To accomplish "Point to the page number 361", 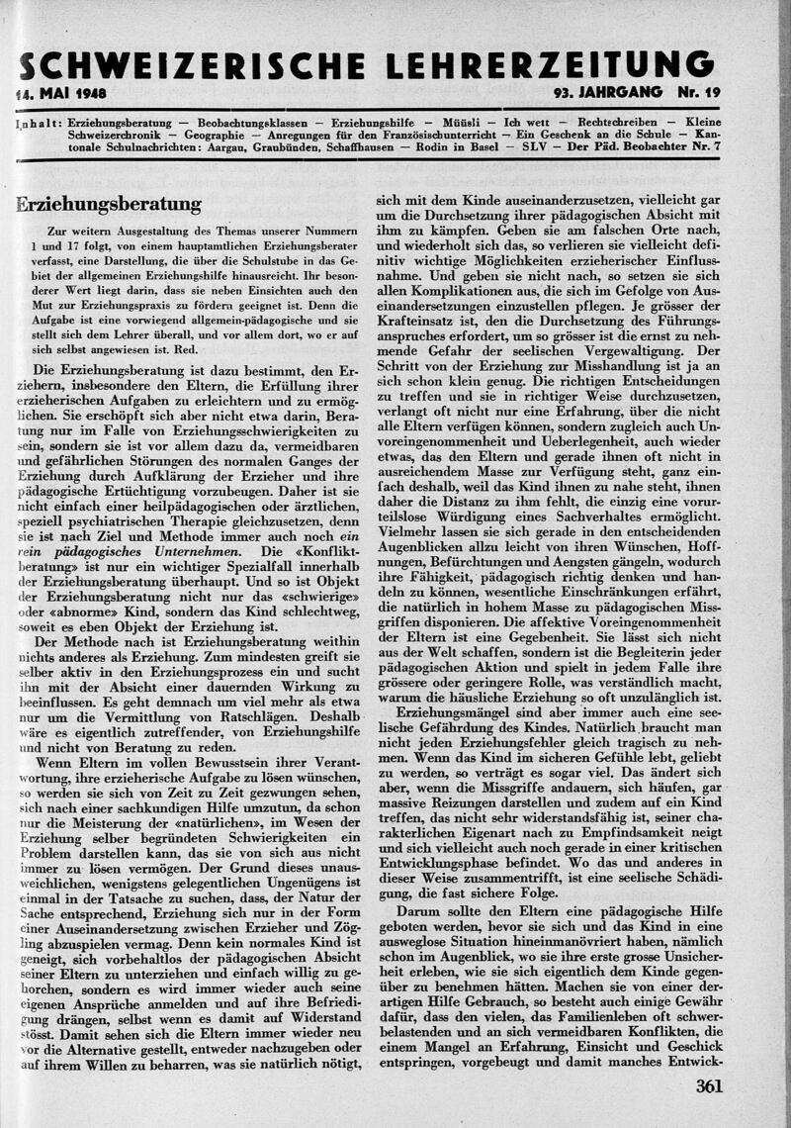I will point(709,1085).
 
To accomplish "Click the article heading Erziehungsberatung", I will point(109,204).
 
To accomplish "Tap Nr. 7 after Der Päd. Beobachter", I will point(710,145).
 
